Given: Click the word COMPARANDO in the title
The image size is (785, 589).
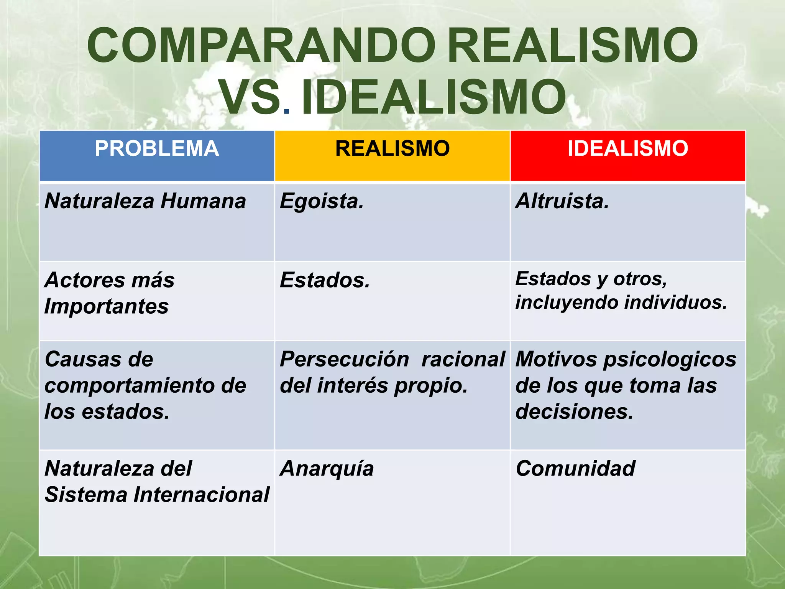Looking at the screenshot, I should click(261, 45).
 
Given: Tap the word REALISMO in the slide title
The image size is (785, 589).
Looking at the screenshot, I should click(572, 45).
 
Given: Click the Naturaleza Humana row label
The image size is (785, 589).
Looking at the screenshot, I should click(145, 201).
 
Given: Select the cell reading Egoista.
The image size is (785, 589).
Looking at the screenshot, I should click(321, 201).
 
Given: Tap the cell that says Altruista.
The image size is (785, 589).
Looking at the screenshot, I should click(562, 201).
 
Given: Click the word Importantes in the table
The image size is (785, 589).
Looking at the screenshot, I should click(106, 306).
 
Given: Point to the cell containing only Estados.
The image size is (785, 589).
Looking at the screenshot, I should click(324, 280).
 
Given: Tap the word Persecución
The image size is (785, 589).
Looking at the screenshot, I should click(344, 360).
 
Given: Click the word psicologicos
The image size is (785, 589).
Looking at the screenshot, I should click(670, 360).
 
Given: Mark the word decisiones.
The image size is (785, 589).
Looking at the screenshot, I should click(574, 412).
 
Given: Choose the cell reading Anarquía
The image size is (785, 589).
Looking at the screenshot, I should click(327, 469).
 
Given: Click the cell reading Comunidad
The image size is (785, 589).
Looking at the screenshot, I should click(575, 469).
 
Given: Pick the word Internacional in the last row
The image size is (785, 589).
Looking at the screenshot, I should click(201, 495).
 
